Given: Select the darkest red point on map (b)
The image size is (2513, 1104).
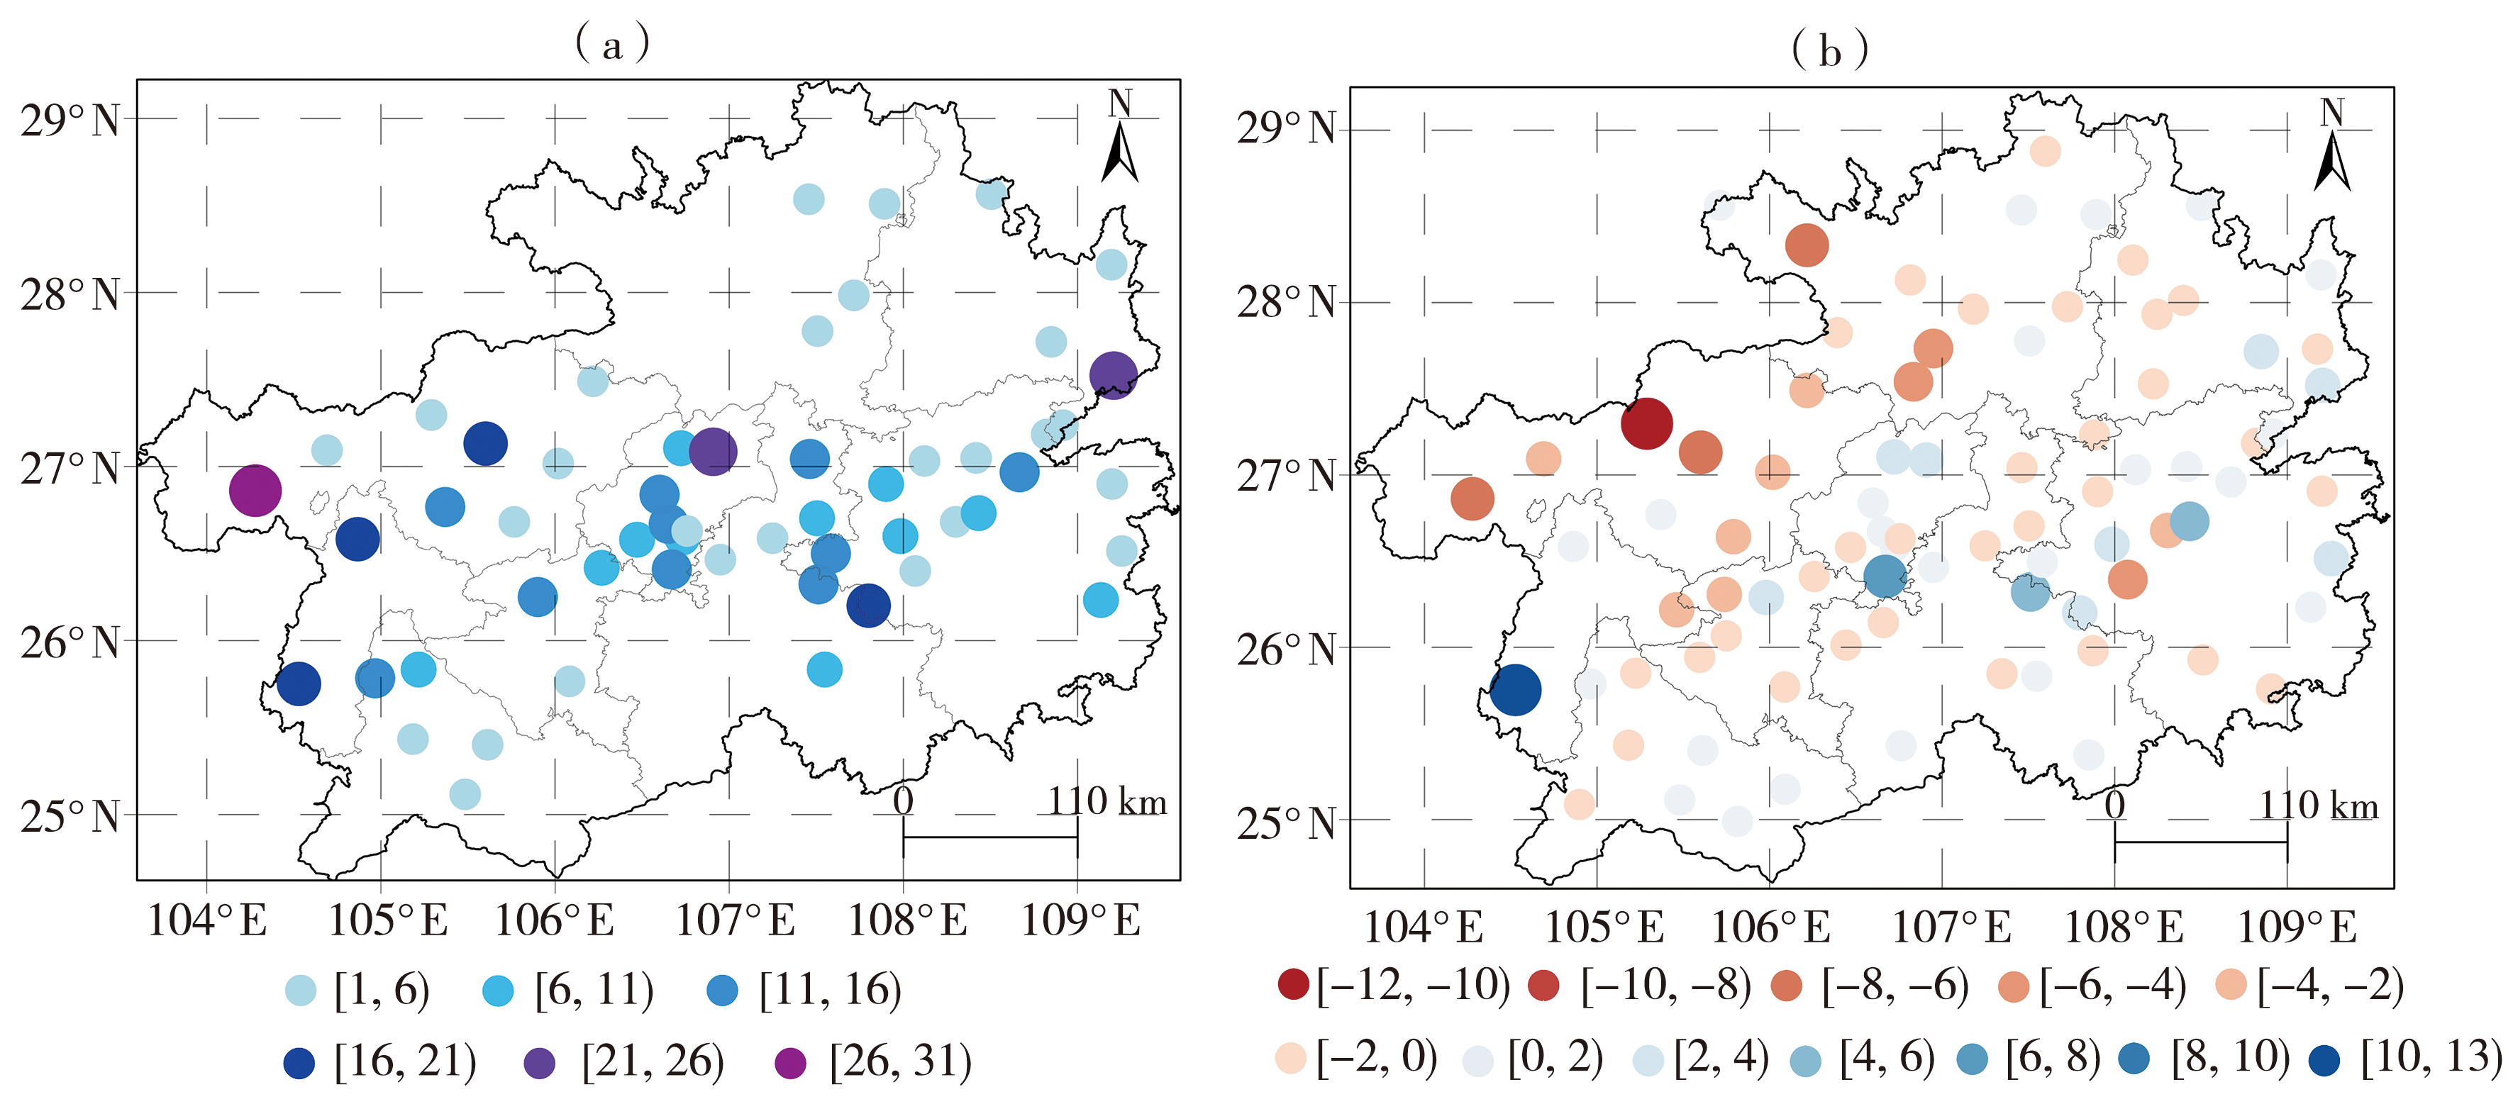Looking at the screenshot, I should point(1647,423).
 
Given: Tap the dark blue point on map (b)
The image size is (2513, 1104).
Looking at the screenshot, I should point(1515,689).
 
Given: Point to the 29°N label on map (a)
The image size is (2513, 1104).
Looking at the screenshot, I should point(70,121).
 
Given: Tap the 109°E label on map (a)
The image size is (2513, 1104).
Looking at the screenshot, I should point(1080,920).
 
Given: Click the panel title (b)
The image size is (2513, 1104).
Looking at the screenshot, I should point(1829,50).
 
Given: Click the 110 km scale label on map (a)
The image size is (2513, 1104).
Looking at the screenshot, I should point(1107,802).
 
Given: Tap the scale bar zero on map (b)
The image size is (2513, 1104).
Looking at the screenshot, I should point(2114,805).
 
